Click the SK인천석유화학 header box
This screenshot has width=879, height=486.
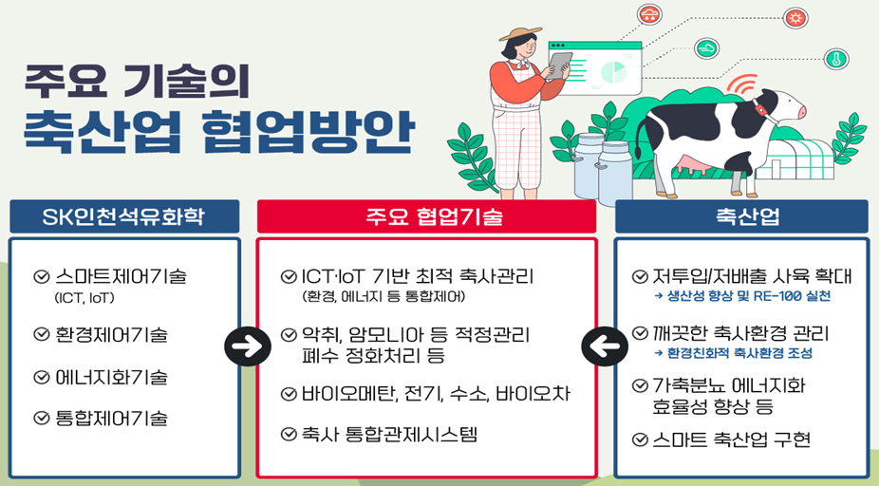(x=124, y=216)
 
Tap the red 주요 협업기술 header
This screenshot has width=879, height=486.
(x=426, y=216)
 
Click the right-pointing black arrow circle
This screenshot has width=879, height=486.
(x=247, y=346)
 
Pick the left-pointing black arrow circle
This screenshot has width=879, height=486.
(x=605, y=346)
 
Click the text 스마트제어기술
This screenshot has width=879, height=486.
(x=122, y=276)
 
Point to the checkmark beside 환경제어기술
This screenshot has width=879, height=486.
(x=42, y=335)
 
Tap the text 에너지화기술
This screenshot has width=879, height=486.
(x=112, y=377)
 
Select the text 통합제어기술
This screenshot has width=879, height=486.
(x=112, y=419)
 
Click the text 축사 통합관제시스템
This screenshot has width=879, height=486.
(x=389, y=435)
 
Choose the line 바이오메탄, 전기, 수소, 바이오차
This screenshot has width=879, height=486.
(x=436, y=394)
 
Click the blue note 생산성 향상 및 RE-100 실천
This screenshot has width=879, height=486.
(x=742, y=296)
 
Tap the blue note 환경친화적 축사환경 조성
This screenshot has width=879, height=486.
(x=733, y=353)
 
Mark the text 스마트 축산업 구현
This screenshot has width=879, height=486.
(x=732, y=439)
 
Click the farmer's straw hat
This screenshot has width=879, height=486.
(x=520, y=33)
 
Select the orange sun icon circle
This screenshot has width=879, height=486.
(x=795, y=18)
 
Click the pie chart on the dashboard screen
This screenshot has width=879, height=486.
(x=613, y=72)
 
